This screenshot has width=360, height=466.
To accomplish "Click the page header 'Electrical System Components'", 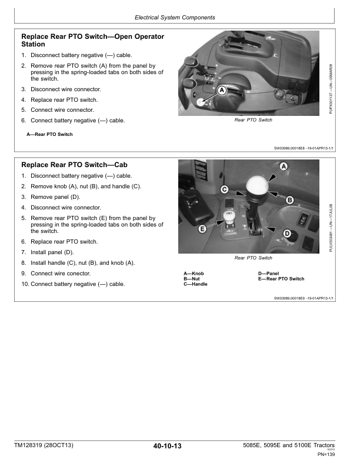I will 179,18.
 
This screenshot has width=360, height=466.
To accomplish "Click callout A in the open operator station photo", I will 222,91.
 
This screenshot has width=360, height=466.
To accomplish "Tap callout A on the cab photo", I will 283,168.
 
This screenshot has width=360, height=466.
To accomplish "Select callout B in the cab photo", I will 289,201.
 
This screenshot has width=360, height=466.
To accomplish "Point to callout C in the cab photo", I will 225,189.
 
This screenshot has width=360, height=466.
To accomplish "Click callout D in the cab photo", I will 287,234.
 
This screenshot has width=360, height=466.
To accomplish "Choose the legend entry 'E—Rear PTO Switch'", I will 281,279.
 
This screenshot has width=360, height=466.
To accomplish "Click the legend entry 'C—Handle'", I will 195,284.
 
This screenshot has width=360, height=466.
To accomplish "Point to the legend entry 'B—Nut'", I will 192,279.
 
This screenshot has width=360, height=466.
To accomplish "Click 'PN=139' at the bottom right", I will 326,454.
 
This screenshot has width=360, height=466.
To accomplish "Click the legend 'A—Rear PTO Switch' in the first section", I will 50,134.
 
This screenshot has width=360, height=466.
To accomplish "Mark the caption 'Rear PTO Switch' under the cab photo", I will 253,258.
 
